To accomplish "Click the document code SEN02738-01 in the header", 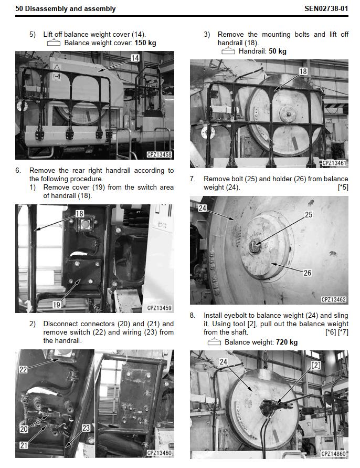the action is click(326, 8).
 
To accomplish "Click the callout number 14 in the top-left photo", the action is click(135, 58).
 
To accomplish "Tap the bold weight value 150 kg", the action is click(145, 43).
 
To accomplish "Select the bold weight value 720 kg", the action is click(287, 342).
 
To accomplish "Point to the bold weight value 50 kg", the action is click(278, 51).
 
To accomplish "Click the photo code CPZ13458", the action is click(160, 154).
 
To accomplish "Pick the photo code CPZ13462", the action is click(334, 299).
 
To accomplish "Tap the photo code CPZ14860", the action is click(334, 454).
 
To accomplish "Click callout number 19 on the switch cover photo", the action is click(56, 305).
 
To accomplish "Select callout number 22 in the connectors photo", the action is click(23, 369).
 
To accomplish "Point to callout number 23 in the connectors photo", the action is click(86, 428).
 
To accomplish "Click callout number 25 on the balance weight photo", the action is click(309, 215).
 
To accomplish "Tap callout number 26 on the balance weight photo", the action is click(307, 273).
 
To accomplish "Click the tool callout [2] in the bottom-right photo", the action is click(316, 366).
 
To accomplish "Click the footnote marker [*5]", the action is click(343, 188).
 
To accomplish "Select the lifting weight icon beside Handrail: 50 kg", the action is click(228, 51).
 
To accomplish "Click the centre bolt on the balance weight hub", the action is click(255, 246).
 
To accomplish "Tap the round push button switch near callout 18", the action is click(85, 224).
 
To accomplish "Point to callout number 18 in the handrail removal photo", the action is click(303, 71).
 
